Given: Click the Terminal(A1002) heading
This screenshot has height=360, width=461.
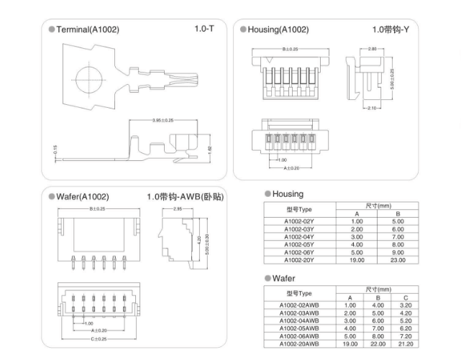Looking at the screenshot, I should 87,29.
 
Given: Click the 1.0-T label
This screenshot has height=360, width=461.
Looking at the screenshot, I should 204,29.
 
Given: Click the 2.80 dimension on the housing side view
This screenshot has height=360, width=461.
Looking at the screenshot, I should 372,49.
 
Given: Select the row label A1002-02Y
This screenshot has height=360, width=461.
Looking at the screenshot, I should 298,221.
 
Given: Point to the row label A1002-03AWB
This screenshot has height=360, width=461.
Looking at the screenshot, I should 299,313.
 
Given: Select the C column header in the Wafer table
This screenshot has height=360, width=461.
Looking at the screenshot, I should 406,297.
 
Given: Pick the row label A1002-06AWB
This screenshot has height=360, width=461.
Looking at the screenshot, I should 299,336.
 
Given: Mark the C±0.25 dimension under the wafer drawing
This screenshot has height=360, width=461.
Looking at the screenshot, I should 98,338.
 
